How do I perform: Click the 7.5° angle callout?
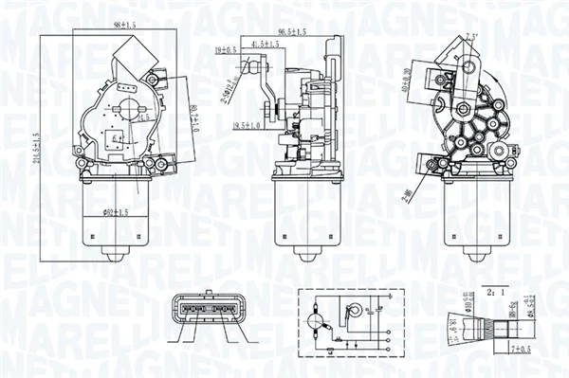point(472,37)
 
